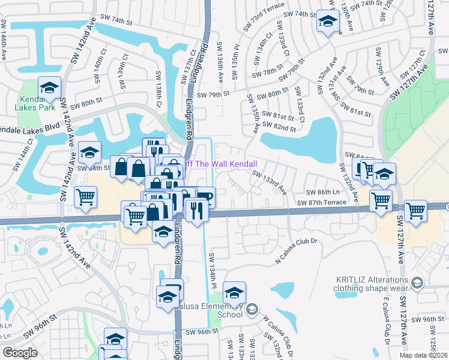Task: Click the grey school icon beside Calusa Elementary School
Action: pyautogui.click(x=251, y=310)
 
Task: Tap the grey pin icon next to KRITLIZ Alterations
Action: pyautogui.click(x=418, y=282)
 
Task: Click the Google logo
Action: pyautogui.click(x=20, y=353)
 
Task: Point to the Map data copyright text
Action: pyautogui.click(x=423, y=355)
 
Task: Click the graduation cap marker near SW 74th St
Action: pyautogui.click(x=328, y=22)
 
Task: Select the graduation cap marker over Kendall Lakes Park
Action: pyautogui.click(x=49, y=88)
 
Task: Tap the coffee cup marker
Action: pyautogui.click(x=205, y=198)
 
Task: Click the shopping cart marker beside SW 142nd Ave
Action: pyautogui.click(x=86, y=197)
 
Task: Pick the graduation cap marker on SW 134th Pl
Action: pyautogui.click(x=234, y=293)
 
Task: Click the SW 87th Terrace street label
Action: pyautogui.click(x=322, y=203)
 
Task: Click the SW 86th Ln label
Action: pyautogui.click(x=323, y=192)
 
